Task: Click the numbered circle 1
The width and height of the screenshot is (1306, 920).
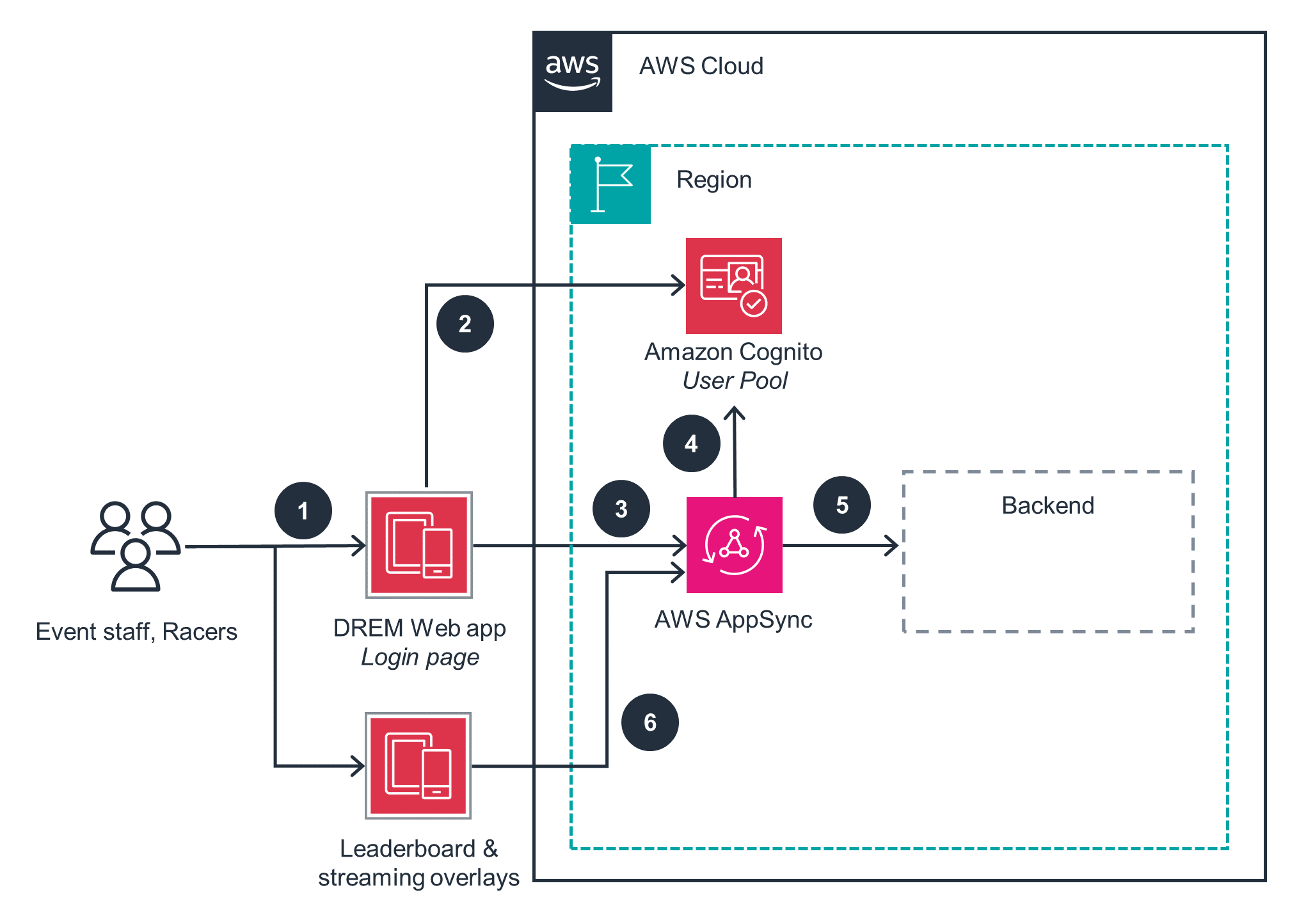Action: [303, 511]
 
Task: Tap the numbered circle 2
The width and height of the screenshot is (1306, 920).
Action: [465, 324]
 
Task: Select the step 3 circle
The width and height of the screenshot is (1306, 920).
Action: [621, 509]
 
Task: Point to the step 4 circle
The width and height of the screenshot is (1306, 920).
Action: [692, 443]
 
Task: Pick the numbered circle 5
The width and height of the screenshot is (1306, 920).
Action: [842, 505]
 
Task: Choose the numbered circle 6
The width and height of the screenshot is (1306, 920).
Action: [650, 722]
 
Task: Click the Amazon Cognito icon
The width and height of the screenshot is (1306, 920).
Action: [734, 286]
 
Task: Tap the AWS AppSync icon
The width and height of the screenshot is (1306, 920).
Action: [735, 545]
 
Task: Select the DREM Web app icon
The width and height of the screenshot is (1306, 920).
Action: [419, 545]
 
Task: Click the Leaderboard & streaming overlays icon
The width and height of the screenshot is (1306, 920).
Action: [418, 766]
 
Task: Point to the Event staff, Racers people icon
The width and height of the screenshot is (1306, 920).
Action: [136, 546]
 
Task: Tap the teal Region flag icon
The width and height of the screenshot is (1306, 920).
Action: [610, 184]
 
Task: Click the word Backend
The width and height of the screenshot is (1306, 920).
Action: [1047, 505]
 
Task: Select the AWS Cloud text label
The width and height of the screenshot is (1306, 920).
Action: [701, 66]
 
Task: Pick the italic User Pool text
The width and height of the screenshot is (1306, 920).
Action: [735, 381]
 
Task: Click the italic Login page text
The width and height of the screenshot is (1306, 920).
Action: [420, 657]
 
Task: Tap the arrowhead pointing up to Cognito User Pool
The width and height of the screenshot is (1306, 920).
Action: [735, 412]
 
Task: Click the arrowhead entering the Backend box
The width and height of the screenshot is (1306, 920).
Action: [893, 545]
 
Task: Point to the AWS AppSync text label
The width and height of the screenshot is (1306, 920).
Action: [733, 619]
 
